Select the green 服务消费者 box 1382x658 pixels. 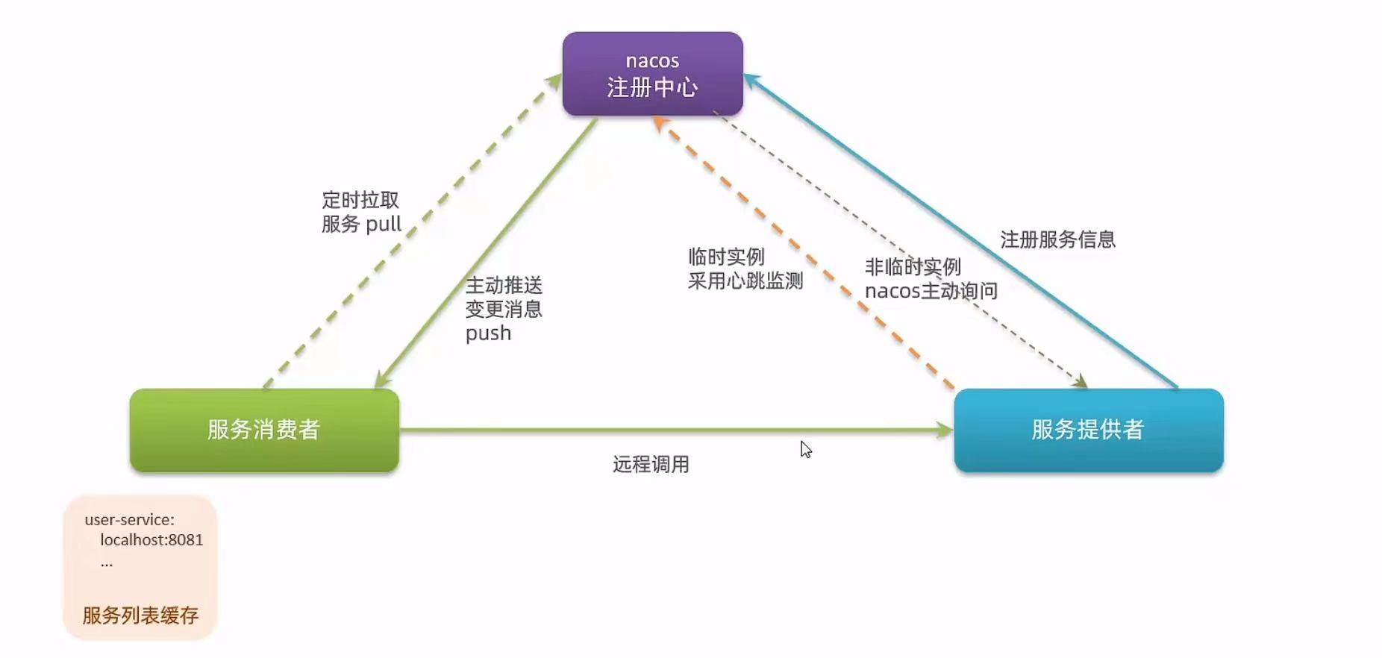point(264,430)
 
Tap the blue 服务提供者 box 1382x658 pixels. point(1088,430)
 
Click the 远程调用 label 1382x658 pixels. point(651,465)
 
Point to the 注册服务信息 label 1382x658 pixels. point(1057,239)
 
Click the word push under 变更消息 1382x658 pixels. point(488,333)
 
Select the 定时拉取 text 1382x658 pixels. point(360,200)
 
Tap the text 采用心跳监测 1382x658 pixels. point(745,281)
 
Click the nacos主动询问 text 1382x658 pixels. point(931,291)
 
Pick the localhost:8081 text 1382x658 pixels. point(151,540)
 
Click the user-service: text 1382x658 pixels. point(129,520)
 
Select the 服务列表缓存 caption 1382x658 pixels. point(140,615)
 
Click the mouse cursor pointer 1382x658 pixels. point(805,449)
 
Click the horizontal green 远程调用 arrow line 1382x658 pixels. point(672,430)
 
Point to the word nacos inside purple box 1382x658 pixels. point(652,60)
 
